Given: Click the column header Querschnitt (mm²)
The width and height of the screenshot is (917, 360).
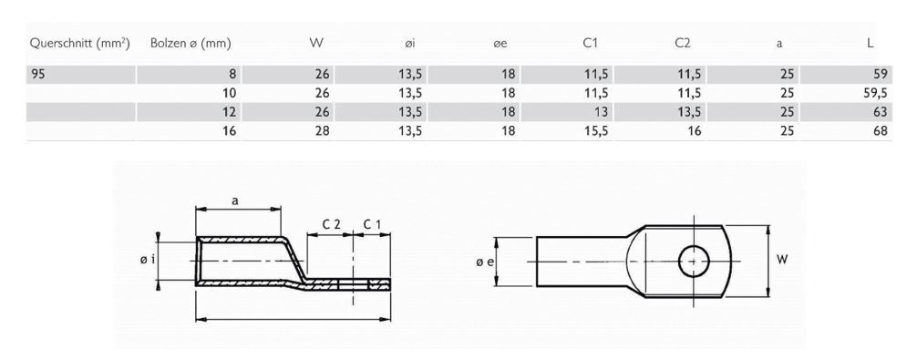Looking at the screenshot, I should [x=79, y=43].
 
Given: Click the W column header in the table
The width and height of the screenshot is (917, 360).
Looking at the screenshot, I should [x=316, y=43].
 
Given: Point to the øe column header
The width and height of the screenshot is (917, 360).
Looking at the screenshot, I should [x=500, y=43].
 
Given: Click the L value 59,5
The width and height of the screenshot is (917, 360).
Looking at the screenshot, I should [x=872, y=94].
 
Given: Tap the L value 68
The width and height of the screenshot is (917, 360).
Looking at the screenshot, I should [x=878, y=130].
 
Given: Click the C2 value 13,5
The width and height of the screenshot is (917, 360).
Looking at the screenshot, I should [x=685, y=112].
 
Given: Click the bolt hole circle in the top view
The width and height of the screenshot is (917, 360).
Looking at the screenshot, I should [x=694, y=261].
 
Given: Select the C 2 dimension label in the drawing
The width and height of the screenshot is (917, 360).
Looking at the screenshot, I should [x=332, y=223].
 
